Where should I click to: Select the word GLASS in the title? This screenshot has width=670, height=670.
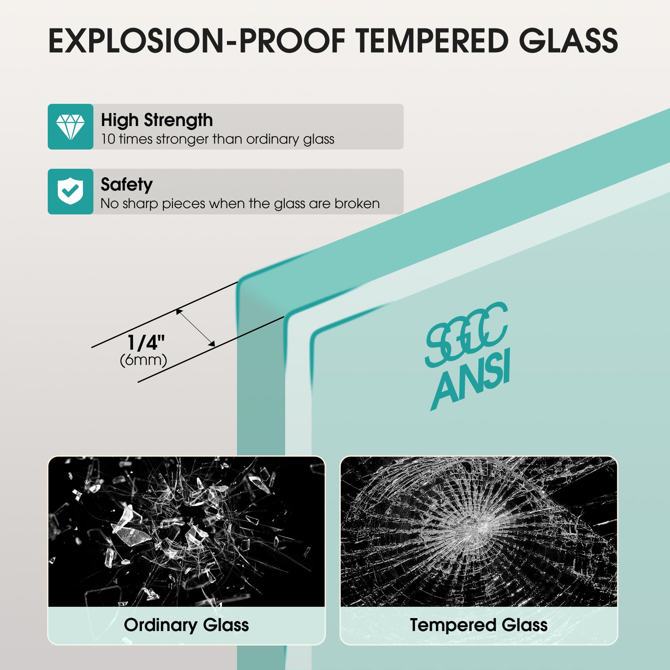569,41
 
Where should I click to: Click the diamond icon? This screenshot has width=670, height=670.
70,127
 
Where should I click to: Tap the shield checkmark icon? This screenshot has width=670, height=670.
70,191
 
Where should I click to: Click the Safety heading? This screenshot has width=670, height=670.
126,185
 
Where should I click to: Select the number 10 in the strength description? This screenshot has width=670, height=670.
108,139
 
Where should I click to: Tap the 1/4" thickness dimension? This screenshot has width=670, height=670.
146,343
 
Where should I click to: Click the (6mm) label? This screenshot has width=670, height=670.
144,360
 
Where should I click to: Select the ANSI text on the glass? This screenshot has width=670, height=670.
471,379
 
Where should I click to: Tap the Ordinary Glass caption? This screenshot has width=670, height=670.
186,625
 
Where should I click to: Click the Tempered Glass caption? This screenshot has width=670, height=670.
479,625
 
